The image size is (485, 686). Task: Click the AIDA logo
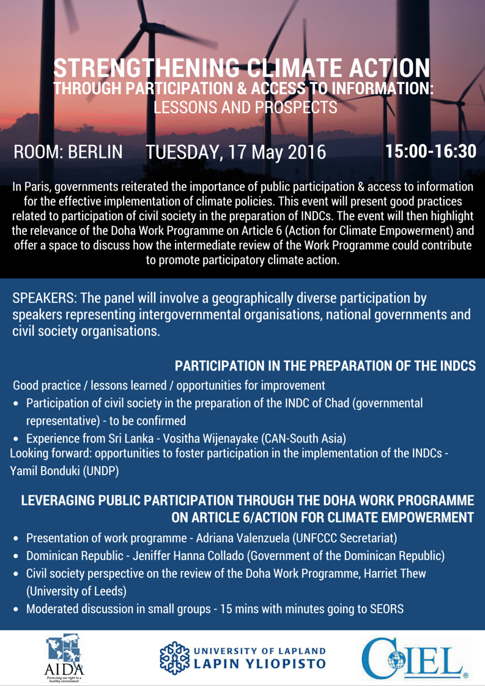tap(64, 658)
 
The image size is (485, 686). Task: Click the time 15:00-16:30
tap(431, 152)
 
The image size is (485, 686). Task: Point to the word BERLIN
tap(95, 152)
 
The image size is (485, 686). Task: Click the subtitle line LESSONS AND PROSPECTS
tap(245, 108)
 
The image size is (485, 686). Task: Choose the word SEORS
tap(386, 609)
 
